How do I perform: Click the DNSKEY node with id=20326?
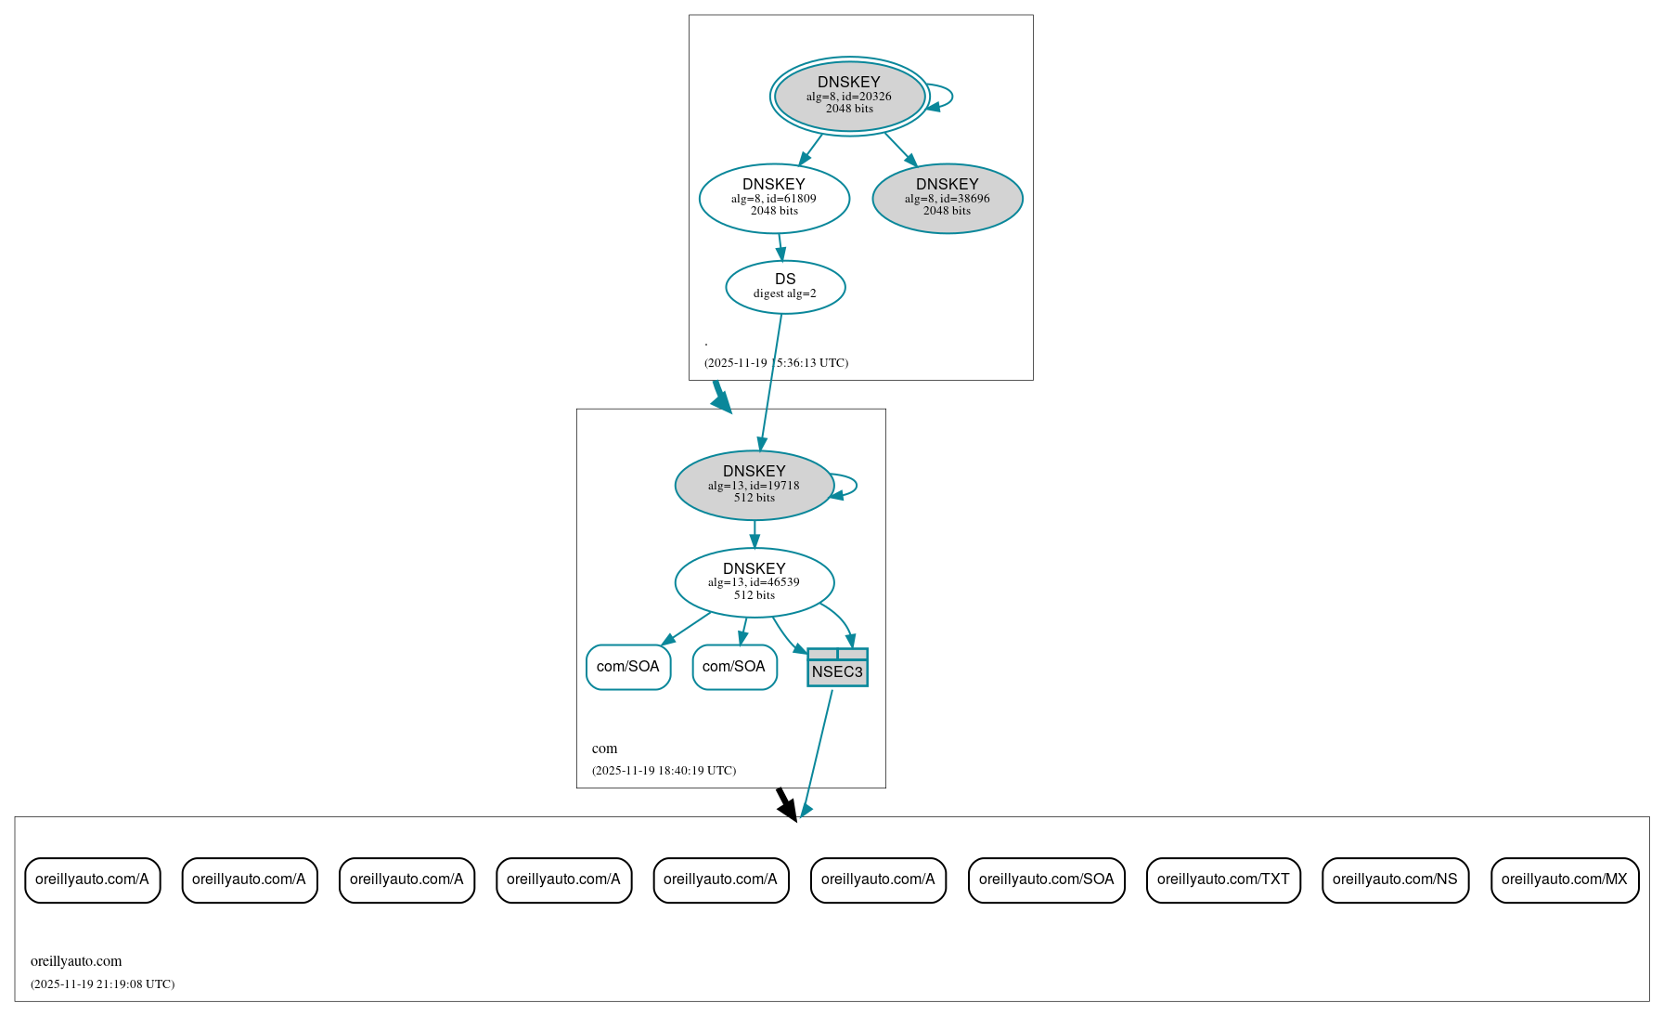point(849,96)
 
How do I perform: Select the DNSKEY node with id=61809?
point(774,198)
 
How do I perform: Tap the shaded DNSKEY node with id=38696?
point(947,198)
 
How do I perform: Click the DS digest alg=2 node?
point(785,286)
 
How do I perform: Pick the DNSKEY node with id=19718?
point(754,485)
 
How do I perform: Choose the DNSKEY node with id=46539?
point(754,582)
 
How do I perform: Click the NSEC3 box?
point(837,668)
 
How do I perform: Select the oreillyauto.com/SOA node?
point(1046,879)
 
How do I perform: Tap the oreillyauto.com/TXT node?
point(1222,879)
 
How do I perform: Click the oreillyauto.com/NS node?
point(1394,879)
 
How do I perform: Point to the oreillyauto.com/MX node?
point(1564,879)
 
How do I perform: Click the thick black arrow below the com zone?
point(785,803)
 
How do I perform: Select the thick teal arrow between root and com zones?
point(720,396)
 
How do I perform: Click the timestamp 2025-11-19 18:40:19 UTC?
point(664,771)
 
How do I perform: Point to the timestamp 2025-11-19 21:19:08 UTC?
point(102,984)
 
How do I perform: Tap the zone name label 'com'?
point(604,749)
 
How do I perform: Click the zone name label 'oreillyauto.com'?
point(76,961)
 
